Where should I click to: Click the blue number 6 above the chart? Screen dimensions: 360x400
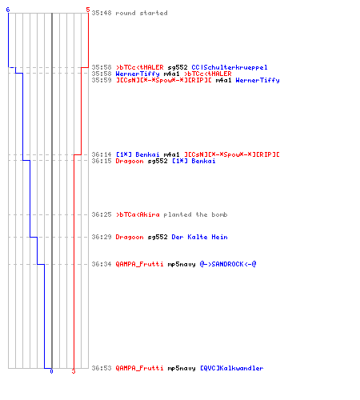click(x=8, y=10)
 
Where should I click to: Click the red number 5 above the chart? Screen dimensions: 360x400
click(x=88, y=10)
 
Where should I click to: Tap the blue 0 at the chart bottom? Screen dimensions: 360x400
click(x=51, y=371)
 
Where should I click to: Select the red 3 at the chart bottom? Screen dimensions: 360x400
click(x=74, y=371)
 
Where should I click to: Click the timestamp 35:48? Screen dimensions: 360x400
click(x=102, y=13)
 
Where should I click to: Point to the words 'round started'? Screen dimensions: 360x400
click(x=142, y=13)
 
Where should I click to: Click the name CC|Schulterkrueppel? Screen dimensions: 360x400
click(x=230, y=67)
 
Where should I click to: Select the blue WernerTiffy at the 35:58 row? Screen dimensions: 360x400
click(x=138, y=74)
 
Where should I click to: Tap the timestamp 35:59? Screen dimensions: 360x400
click(x=102, y=80)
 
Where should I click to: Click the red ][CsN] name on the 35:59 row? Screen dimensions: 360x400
click(x=164, y=80)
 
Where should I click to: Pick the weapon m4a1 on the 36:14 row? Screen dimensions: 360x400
click(x=171, y=154)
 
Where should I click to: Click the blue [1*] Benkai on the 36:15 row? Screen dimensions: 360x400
click(x=194, y=161)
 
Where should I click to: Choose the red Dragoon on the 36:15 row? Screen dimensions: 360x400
click(x=130, y=161)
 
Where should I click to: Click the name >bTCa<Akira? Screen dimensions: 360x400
click(x=138, y=214)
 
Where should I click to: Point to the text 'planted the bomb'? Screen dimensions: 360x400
click(x=195, y=214)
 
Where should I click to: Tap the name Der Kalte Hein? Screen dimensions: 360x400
click(x=199, y=237)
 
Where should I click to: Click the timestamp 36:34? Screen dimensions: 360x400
click(x=102, y=264)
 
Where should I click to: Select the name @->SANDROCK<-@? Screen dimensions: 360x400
click(x=228, y=264)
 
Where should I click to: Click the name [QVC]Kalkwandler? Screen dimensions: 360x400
click(x=232, y=368)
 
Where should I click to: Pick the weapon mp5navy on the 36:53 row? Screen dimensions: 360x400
click(x=182, y=369)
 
